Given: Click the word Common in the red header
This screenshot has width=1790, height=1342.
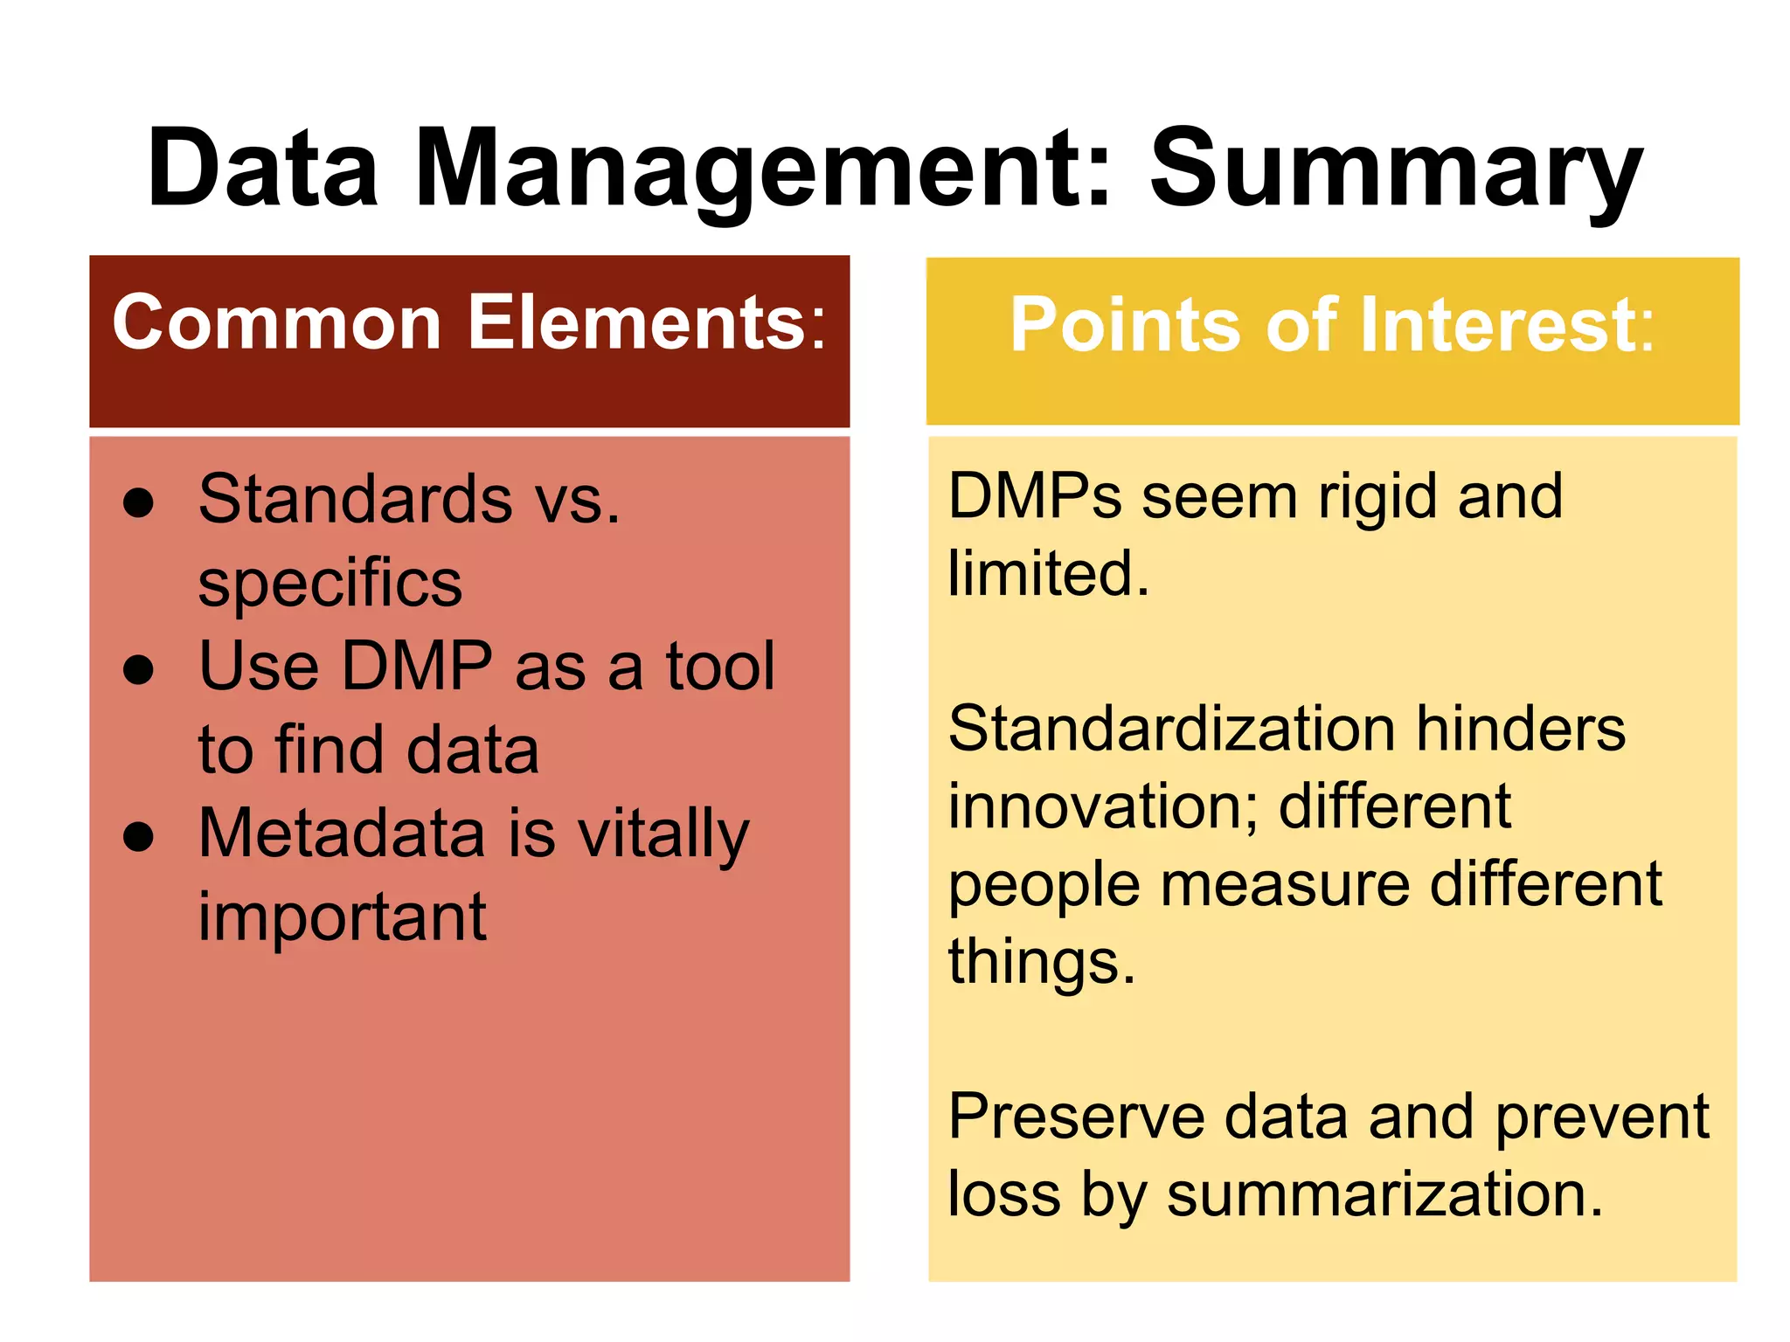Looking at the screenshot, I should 277,322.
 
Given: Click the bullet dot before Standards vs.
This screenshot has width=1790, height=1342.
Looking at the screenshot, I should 138,502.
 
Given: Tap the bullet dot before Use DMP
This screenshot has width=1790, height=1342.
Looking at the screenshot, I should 138,670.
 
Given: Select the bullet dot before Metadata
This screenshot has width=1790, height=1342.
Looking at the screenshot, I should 138,837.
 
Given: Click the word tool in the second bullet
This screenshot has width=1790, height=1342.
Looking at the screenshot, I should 720,666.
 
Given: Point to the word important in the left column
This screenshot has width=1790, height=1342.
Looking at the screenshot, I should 342,918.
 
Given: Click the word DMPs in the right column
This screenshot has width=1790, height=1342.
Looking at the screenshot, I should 1034,497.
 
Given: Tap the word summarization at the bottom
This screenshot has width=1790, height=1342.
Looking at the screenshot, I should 1384,1194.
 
